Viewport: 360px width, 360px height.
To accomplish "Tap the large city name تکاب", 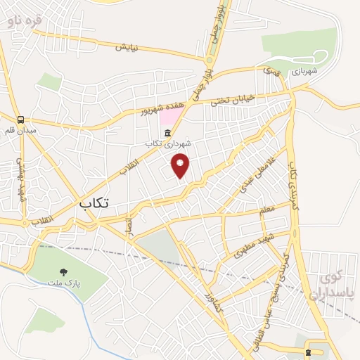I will click(94, 203).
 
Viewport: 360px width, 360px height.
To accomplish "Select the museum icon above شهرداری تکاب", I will click(167, 134).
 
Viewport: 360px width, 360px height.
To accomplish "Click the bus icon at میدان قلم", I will click(22, 120).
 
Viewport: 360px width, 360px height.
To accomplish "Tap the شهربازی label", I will click(304, 71).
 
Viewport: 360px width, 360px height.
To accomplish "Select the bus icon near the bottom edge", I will click(309, 352).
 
